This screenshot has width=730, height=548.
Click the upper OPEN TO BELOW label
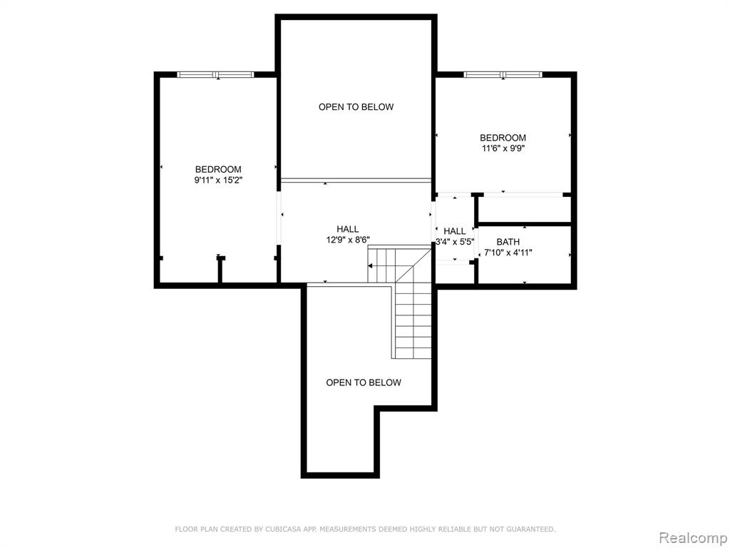(x=356, y=107)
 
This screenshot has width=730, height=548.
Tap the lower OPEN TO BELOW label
(x=364, y=382)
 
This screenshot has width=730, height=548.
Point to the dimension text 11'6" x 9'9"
(x=503, y=148)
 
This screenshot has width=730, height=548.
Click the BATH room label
(x=508, y=242)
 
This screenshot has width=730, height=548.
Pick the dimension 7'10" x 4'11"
(x=508, y=253)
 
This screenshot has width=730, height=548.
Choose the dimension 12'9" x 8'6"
(x=348, y=240)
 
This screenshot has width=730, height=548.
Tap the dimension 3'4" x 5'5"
(x=454, y=242)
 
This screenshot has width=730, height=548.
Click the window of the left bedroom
(x=216, y=74)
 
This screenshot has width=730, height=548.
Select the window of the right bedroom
(x=503, y=74)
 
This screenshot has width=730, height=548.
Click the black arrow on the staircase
(x=371, y=266)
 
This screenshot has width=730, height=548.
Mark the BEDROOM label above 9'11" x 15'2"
(x=218, y=170)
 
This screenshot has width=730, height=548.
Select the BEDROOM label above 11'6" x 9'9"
(x=503, y=138)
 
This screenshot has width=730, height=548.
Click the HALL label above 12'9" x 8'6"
(x=348, y=229)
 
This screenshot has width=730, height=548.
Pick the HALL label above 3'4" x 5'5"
(x=454, y=231)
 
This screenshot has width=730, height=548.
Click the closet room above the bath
(x=525, y=209)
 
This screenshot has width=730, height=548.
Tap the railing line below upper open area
(x=356, y=179)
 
